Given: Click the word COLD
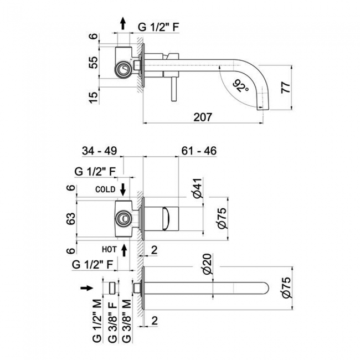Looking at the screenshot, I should [x=105, y=189].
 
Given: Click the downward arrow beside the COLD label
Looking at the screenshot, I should [x=124, y=188].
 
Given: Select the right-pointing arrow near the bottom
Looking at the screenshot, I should [x=87, y=287].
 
